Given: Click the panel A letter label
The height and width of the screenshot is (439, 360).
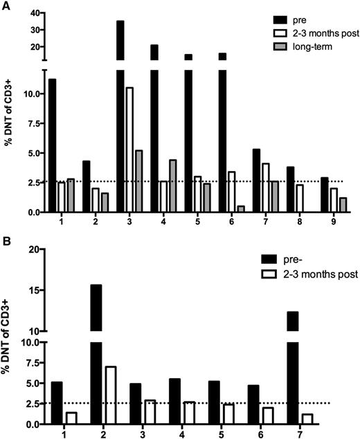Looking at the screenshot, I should pyautogui.click(x=6, y=6).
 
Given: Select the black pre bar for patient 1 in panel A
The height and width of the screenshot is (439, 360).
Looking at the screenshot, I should pyautogui.click(x=52, y=145).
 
